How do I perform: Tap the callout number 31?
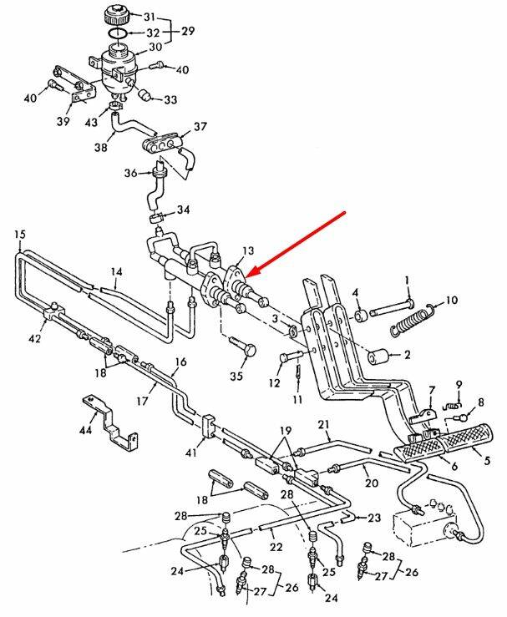coord(150,17)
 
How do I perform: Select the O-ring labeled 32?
coord(118,33)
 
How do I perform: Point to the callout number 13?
coord(246,251)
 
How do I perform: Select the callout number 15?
coord(20,235)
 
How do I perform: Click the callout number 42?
coord(33,338)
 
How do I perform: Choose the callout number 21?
coord(324,426)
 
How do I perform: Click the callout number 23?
coord(373,517)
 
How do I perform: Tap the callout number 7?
coord(432,391)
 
